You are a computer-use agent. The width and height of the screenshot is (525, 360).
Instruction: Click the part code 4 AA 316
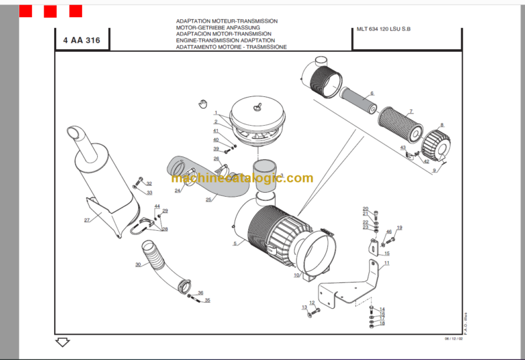point(81,41)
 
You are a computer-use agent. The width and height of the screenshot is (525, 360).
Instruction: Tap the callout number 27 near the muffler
point(87,220)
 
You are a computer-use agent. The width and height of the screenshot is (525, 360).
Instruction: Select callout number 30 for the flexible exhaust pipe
point(138,264)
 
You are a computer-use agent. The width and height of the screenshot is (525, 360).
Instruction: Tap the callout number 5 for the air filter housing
point(234,243)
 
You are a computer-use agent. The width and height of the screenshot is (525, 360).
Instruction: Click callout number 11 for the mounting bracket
point(386,263)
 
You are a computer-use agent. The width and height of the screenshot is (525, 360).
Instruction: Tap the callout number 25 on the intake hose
point(208,199)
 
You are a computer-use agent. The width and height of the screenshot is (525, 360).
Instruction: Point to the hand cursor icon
point(202,103)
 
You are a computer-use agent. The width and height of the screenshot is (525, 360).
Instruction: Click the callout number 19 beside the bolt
point(399,227)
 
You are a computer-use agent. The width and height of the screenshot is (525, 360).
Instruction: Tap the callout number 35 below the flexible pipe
point(207,301)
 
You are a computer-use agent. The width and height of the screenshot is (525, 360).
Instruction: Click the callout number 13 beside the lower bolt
point(304,307)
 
